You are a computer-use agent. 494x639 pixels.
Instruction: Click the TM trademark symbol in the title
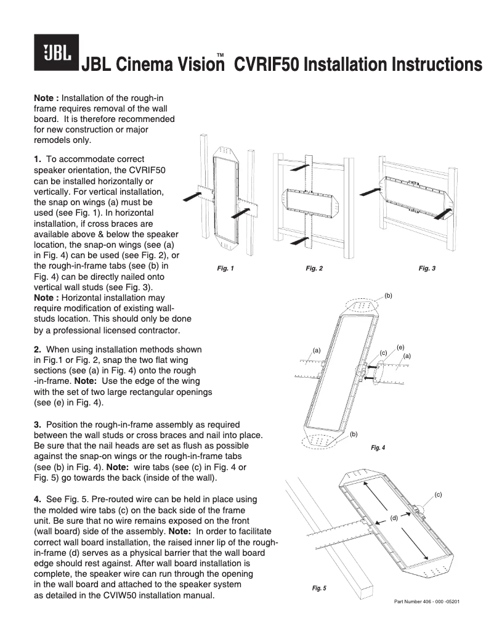click(219, 56)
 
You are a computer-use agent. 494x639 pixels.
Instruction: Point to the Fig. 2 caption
click(314, 268)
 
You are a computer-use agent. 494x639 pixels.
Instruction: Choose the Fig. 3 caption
click(427, 268)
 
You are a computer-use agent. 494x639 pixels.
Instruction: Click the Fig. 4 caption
click(378, 447)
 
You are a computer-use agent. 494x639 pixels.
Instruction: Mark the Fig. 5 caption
click(318, 588)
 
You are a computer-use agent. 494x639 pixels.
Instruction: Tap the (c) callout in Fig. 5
click(438, 494)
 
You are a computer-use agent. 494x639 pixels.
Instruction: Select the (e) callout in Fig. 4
click(400, 348)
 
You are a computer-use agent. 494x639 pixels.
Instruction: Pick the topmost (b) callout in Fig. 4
click(388, 296)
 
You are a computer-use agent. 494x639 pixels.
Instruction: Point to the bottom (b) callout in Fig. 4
click(354, 434)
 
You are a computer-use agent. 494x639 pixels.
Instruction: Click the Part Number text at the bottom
click(427, 601)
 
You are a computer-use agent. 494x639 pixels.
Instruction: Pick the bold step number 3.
click(38, 425)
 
